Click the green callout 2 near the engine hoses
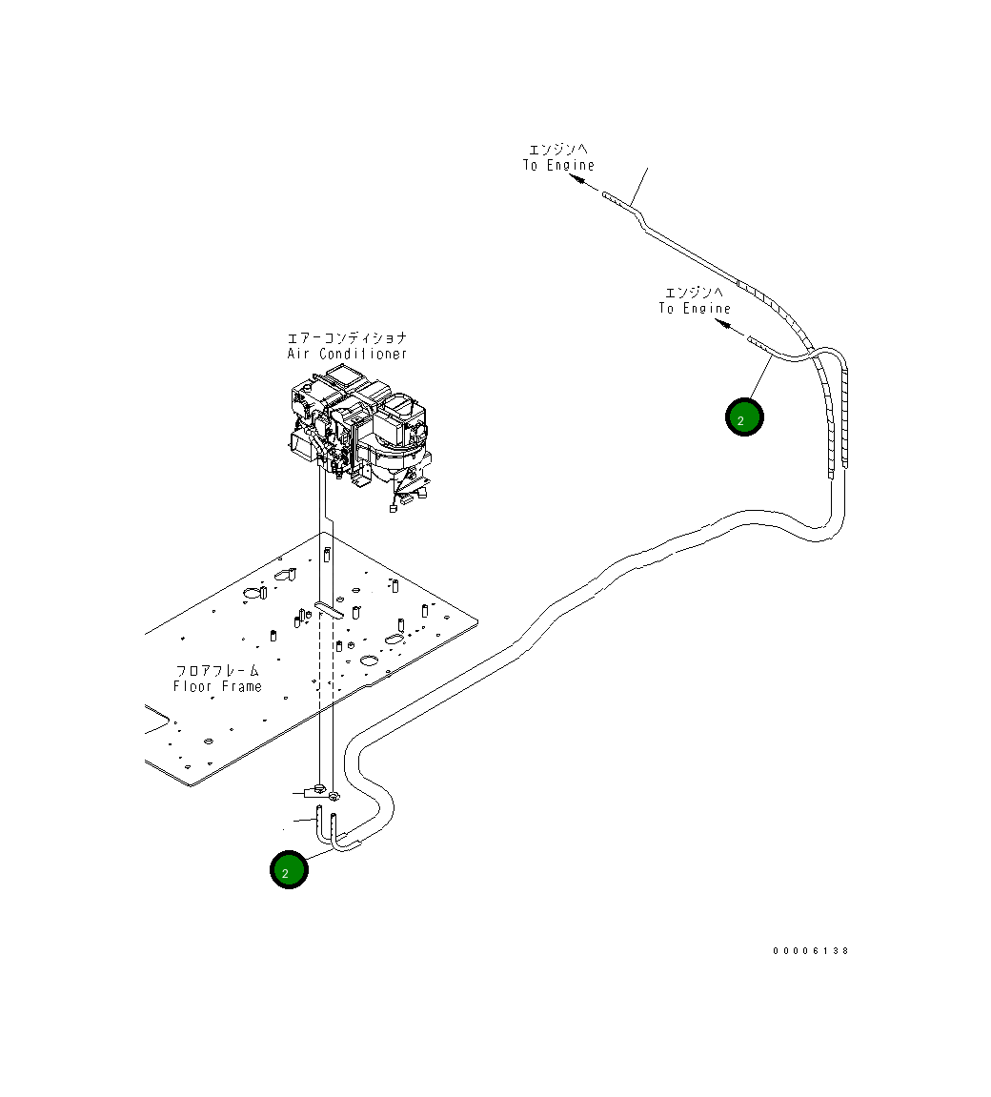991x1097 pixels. [x=744, y=417]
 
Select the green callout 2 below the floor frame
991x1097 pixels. [x=289, y=870]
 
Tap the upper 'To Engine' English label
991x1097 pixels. [x=558, y=166]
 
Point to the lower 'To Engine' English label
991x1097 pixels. [x=695, y=309]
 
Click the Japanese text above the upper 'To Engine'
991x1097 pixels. [x=558, y=150]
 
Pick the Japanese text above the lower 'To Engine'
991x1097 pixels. [x=695, y=293]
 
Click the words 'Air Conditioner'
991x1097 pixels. [x=348, y=355]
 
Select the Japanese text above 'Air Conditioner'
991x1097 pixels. [x=348, y=338]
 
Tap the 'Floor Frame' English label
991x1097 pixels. [x=217, y=687]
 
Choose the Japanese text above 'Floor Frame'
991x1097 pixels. [x=217, y=671]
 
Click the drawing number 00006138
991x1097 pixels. [x=810, y=951]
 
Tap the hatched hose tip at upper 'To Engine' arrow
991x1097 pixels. [x=615, y=199]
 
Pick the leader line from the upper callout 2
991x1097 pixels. [x=758, y=380]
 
